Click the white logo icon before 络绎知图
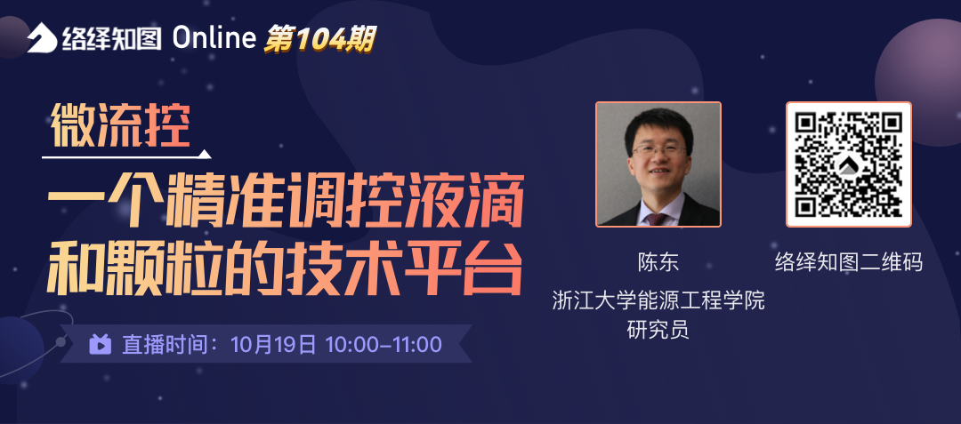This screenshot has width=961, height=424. [x=43, y=37]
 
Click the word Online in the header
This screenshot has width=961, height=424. [x=214, y=38]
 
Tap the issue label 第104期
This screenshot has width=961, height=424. [x=319, y=39]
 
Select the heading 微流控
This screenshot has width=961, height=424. [x=120, y=124]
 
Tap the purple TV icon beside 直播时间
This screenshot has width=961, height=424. [x=100, y=344]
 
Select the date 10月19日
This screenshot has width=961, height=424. [x=273, y=345]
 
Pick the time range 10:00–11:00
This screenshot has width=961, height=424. [x=384, y=345]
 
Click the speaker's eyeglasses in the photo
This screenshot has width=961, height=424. [x=659, y=149]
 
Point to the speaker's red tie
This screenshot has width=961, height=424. [x=657, y=219]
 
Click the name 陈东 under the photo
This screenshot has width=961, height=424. [x=658, y=262]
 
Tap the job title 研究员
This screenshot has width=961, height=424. [x=658, y=330]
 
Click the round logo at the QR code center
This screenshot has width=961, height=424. [x=848, y=164]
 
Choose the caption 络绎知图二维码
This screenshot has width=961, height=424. [x=848, y=262]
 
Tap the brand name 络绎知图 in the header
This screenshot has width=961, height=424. [x=111, y=38]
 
